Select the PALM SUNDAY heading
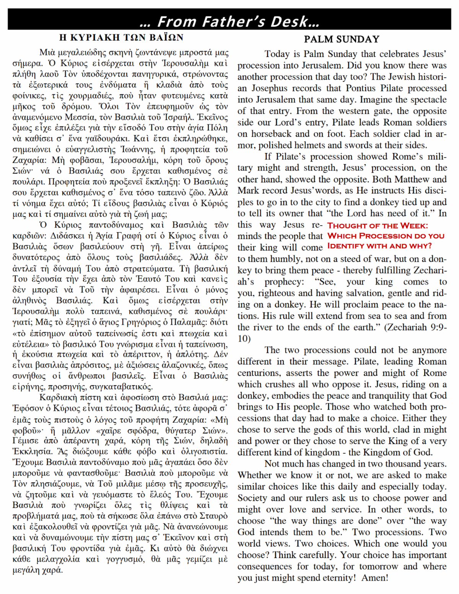[342, 39]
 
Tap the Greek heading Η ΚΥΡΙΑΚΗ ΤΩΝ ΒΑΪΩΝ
[121, 37]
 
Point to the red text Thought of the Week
[378, 226]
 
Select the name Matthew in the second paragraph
[412, 179]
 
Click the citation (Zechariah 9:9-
[415, 327]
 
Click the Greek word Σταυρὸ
[213, 516]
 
